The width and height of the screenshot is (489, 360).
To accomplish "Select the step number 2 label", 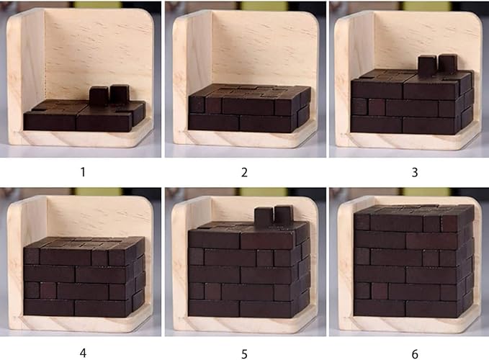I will coord(244,171).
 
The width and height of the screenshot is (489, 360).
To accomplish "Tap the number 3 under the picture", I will coord(408,171).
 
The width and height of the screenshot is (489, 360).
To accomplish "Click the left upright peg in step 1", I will coord(98,96).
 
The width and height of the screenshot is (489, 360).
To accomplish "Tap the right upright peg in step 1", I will coord(119,94).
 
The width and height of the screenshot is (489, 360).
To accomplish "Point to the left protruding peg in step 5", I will coord(264,216).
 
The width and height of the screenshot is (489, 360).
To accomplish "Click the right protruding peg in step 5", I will coord(284,214).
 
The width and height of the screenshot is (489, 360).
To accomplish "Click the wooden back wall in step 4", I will coord(101,216).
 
